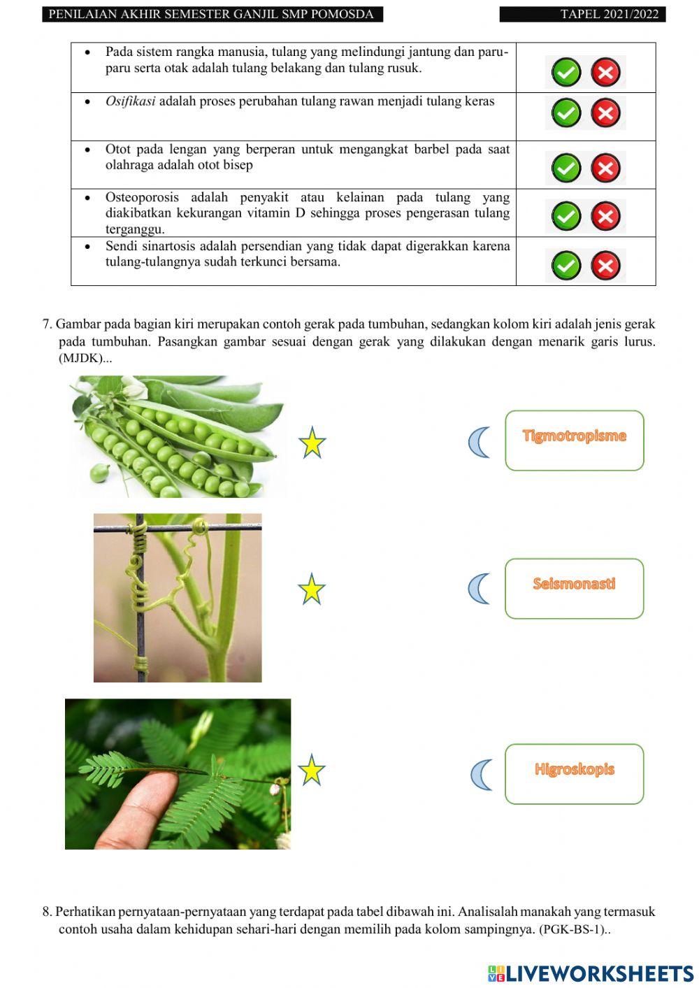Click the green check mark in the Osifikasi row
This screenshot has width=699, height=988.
click(x=566, y=113)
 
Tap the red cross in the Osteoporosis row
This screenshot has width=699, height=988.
click(x=605, y=216)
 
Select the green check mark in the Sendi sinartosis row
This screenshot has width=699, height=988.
click(x=566, y=266)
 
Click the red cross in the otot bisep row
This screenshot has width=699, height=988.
click(x=605, y=168)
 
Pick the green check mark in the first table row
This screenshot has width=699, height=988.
click(x=566, y=72)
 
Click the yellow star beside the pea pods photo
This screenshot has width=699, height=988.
click(x=312, y=443)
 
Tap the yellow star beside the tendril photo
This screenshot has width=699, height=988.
click(x=312, y=589)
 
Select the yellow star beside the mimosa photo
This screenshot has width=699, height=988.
click(x=312, y=771)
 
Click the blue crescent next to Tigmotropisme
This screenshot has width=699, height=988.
click(x=479, y=442)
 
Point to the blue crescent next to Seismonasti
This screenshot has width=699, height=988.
click(x=479, y=588)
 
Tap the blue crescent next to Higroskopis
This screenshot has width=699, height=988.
click(x=481, y=775)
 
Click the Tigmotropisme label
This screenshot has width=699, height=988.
click(x=574, y=436)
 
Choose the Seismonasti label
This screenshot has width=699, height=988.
click(x=574, y=584)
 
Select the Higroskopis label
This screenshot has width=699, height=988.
click(x=574, y=769)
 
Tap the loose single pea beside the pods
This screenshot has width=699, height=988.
click(x=100, y=473)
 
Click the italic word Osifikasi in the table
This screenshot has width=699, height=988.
click(x=130, y=101)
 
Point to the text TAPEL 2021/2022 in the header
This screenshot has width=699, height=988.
click(x=609, y=14)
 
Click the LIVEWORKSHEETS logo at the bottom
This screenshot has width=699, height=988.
click(x=591, y=973)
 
